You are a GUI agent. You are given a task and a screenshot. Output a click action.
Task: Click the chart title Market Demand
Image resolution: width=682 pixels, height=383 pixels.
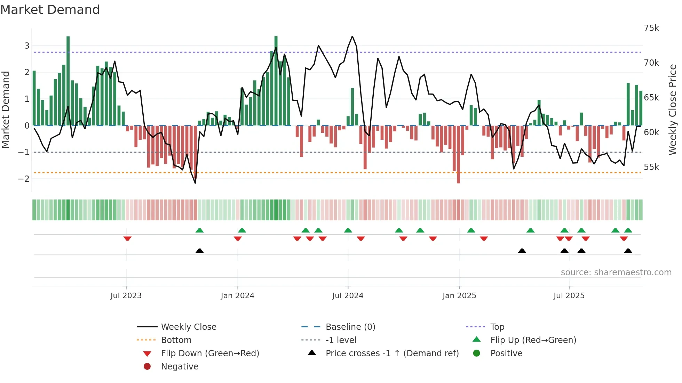tap(50, 10)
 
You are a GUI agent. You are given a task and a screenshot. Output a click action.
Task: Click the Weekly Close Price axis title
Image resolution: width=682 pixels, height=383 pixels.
tap(673, 109)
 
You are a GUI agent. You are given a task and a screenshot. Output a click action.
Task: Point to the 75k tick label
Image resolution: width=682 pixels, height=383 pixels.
tap(651, 28)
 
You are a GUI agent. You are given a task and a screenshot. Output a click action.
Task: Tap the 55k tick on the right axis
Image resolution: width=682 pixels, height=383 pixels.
tap(651, 167)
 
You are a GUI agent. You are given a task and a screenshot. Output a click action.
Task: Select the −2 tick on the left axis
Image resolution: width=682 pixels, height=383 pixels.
tap(24, 179)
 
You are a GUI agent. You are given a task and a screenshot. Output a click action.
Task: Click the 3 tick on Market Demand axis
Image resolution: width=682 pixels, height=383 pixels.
tap(27, 46)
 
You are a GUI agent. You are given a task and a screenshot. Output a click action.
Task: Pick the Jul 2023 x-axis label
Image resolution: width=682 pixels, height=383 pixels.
tap(126, 296)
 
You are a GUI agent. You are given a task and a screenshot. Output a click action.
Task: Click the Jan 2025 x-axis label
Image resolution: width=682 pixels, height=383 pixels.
tap(459, 296)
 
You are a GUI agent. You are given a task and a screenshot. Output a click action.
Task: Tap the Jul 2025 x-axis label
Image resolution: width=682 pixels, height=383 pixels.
tap(569, 296)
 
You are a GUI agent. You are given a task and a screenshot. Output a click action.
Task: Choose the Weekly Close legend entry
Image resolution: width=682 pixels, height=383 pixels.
tap(188, 327)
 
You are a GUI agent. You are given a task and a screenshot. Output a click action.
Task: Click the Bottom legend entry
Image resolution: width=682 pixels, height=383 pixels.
tap(176, 340)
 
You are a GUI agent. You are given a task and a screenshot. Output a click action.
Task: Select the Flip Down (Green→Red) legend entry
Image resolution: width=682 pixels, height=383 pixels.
tap(210, 353)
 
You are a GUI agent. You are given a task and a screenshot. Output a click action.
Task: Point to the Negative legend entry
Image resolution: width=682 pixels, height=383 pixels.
tap(180, 367)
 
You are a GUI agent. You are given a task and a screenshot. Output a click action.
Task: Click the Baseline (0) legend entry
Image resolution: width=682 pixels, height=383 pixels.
tap(350, 327)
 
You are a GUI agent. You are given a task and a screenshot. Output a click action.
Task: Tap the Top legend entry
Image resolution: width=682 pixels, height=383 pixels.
tap(497, 327)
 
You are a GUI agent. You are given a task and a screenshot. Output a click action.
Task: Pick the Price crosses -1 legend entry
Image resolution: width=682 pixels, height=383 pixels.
tap(392, 353)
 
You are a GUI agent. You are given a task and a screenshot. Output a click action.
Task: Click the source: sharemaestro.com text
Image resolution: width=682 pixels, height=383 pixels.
tap(616, 272)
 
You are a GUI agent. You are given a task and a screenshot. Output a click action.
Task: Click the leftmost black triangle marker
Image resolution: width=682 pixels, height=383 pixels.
tap(199, 251)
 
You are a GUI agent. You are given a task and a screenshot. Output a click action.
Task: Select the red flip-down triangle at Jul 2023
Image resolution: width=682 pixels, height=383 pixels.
tap(127, 238)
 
